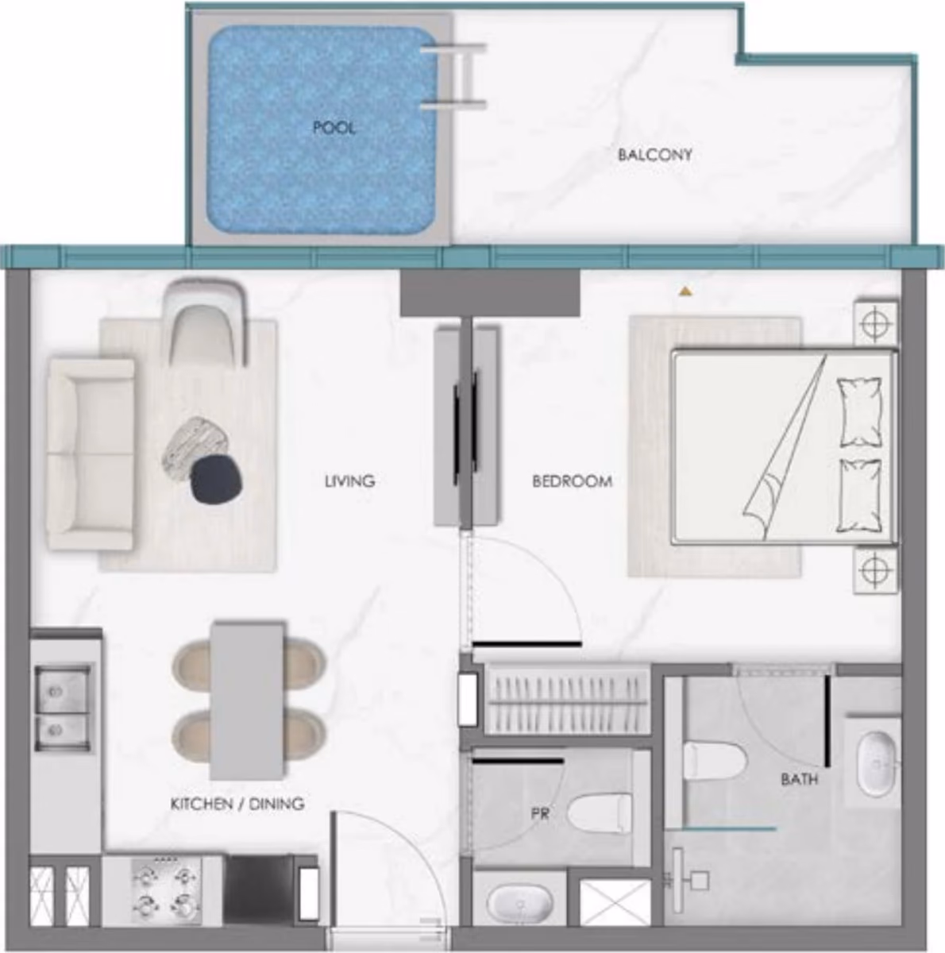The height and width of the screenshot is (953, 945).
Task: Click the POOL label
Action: [x=334, y=129]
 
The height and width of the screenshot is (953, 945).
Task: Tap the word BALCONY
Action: [x=654, y=155]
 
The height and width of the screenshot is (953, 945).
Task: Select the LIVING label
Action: [x=349, y=480]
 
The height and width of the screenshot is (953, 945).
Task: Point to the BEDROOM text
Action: [x=572, y=480]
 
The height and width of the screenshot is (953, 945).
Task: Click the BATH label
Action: [x=799, y=780]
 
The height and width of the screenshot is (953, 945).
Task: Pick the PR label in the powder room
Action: [x=540, y=813]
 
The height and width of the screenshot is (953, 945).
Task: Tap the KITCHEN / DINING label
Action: [x=237, y=804]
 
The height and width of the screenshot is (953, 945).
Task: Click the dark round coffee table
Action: [x=217, y=480]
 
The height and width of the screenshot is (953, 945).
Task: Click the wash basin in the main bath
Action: [x=877, y=765]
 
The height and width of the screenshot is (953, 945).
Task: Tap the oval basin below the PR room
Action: [x=519, y=905]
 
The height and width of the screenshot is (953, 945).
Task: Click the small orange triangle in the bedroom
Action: [x=685, y=291]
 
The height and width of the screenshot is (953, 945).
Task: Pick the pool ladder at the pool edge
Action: [x=454, y=76]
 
